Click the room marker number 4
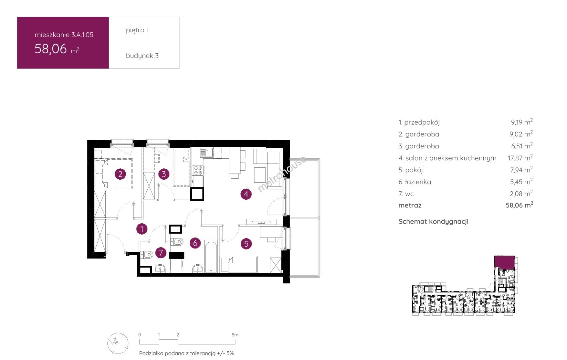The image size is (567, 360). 246,194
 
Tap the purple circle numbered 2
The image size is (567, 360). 120,174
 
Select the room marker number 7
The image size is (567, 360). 161,252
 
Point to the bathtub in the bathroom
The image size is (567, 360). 211,257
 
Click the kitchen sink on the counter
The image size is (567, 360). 206,153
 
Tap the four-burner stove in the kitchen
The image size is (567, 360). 198,170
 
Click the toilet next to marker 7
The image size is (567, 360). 147,255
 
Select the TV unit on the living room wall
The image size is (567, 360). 261,222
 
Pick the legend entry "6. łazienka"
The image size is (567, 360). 415,182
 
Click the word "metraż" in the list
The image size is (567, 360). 410,205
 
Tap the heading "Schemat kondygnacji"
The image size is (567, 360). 433,222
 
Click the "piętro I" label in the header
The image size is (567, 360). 137,30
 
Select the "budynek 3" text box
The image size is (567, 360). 144,56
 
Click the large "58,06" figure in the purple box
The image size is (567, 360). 51,49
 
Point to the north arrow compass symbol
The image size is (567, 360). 118,343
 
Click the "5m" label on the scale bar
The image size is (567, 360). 235,335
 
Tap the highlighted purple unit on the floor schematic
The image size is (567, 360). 504,262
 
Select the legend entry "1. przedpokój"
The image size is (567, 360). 419,122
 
